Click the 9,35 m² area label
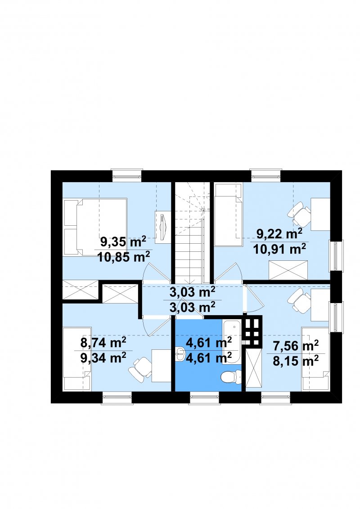click(x=123, y=242)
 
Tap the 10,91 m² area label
click(x=279, y=249)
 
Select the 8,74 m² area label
click(x=103, y=343)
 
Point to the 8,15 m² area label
click(x=295, y=361)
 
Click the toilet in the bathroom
click(x=231, y=376)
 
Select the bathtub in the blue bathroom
click(x=232, y=341)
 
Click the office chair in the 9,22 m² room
click(x=299, y=214)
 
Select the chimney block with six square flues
click(x=252, y=331)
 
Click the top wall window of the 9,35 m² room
click(x=127, y=174)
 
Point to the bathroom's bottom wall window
click(x=204, y=398)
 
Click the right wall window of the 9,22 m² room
click(x=336, y=256)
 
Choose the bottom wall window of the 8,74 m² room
click(x=117, y=398)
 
